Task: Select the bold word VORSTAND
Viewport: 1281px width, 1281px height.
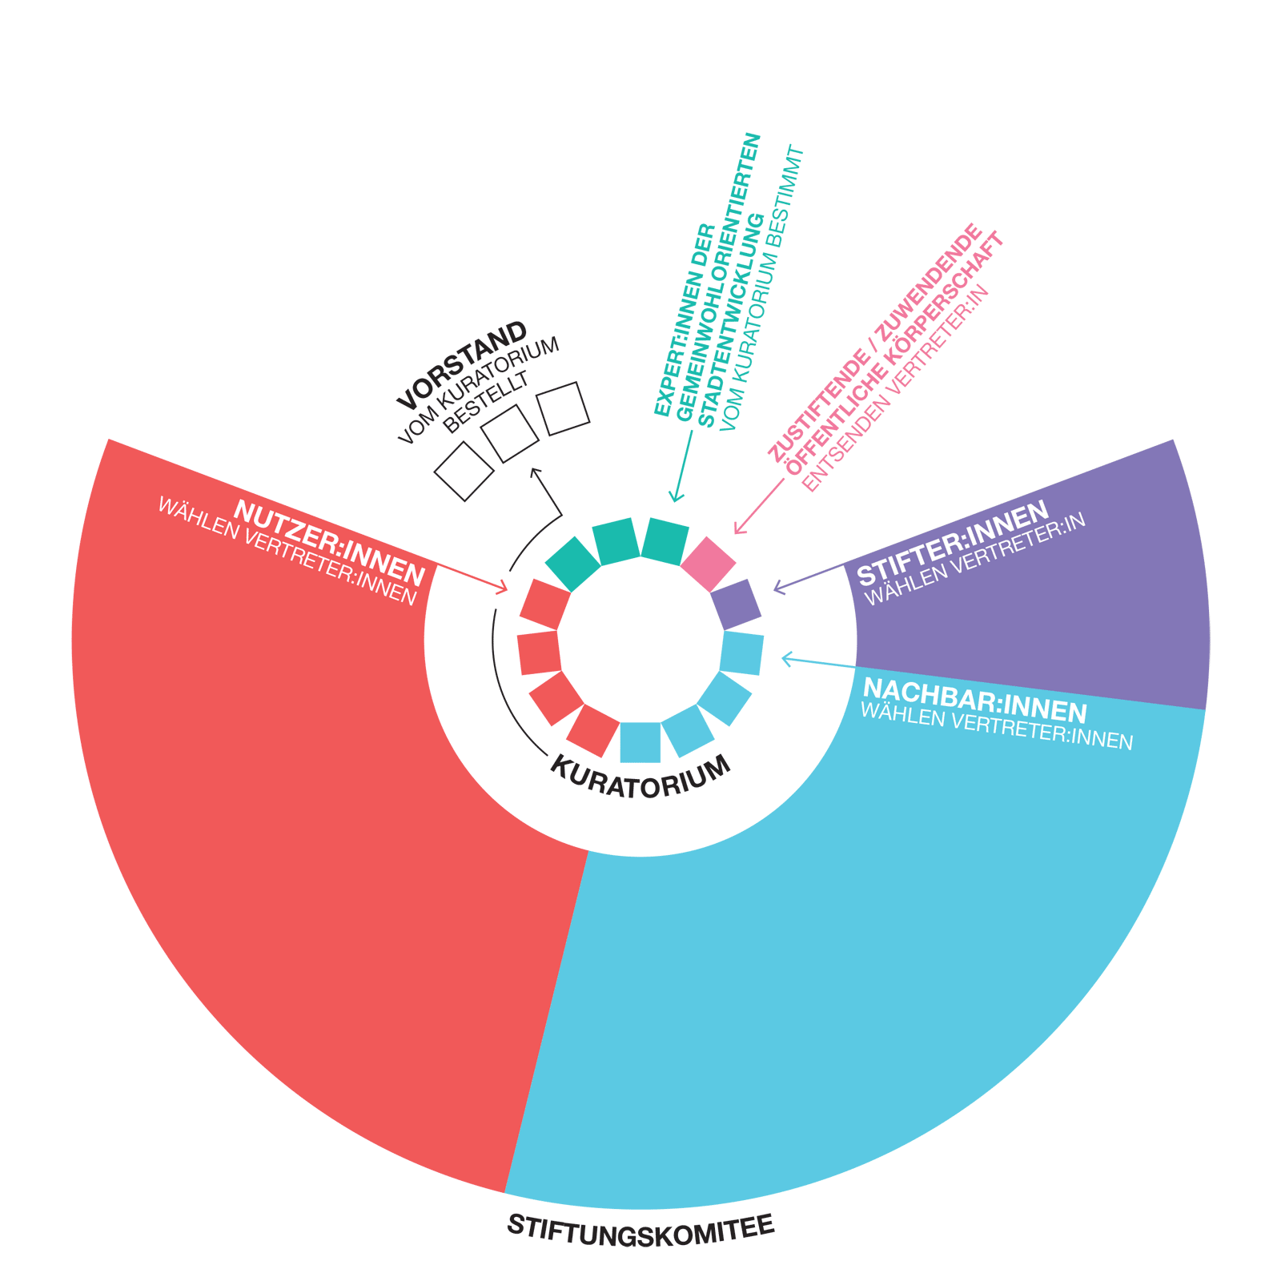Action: (x=462, y=365)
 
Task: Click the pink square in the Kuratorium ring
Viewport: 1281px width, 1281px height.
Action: (x=708, y=564)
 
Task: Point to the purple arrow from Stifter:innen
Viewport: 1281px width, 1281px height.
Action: (x=809, y=578)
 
